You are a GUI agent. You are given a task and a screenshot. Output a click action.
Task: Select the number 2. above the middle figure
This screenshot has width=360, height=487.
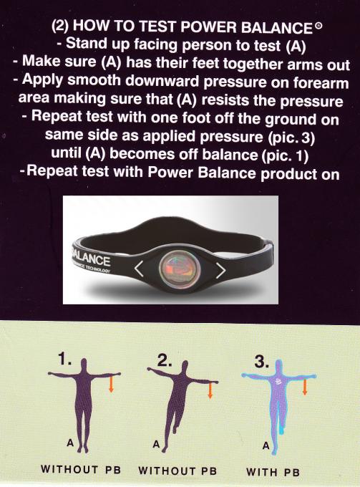click(166, 362)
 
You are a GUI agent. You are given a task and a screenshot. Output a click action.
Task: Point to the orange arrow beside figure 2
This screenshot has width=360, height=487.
click(210, 390)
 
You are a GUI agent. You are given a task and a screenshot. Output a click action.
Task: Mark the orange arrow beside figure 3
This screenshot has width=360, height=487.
click(306, 387)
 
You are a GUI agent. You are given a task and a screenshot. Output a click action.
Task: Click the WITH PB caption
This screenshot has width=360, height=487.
click(272, 472)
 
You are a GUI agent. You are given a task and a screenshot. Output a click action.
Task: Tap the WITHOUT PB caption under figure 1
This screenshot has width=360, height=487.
click(80, 471)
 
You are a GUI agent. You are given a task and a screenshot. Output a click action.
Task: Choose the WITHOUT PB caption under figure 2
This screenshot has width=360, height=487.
click(177, 471)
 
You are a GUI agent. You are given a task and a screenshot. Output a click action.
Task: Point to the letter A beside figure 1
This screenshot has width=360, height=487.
click(70, 443)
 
